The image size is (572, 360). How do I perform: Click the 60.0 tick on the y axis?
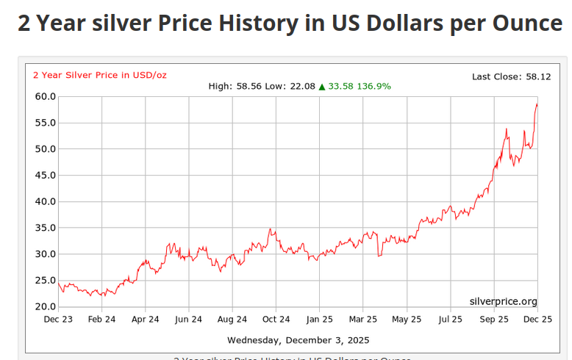click(46, 96)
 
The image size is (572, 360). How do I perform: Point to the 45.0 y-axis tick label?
click(46, 175)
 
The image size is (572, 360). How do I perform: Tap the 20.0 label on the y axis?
click(46, 306)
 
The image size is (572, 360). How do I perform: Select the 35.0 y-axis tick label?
click(46, 228)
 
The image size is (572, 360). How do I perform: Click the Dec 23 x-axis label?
click(58, 320)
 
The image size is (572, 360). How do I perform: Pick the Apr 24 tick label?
click(145, 320)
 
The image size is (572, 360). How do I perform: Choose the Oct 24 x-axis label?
click(276, 320)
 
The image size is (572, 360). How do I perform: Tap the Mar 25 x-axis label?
click(362, 320)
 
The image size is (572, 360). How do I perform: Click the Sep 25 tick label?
click(493, 320)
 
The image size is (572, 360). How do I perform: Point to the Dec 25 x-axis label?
click(537, 320)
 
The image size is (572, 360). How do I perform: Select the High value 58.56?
click(249, 86)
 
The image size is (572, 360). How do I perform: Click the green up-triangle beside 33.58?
click(321, 86)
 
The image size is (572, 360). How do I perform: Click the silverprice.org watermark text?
click(503, 301)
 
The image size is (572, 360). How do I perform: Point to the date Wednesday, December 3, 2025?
click(298, 340)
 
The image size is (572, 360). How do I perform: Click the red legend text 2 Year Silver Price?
click(81, 74)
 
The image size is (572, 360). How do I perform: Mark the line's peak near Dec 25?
click(536, 104)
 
